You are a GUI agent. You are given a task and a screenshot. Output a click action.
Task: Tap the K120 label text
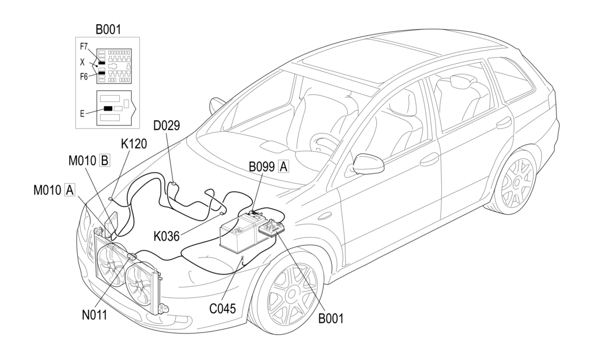click(x=134, y=144)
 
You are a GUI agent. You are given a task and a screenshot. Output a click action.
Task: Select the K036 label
click(x=167, y=236)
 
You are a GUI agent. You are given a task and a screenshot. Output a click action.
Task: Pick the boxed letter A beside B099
click(x=283, y=167)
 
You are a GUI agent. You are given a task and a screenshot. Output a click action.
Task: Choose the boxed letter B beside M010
click(x=105, y=160)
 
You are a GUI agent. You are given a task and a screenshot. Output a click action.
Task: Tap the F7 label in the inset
click(x=85, y=46)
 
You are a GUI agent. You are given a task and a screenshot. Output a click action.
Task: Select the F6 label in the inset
click(x=85, y=76)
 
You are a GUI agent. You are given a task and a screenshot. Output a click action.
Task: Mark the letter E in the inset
click(x=83, y=113)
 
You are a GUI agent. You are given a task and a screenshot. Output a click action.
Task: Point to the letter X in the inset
click(x=83, y=61)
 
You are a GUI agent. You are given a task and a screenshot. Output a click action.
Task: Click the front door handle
click(x=429, y=160)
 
